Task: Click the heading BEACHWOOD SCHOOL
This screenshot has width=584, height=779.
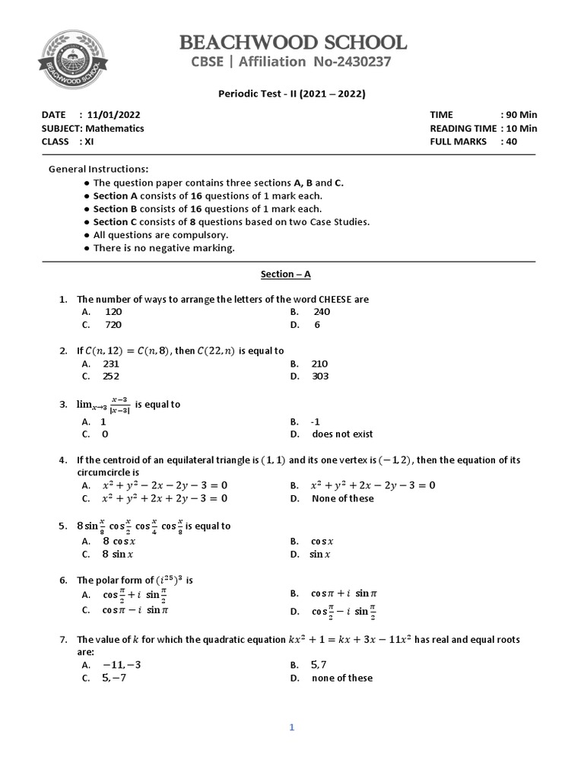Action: pyautogui.click(x=292, y=42)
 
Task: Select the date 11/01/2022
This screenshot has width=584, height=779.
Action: pyautogui.click(x=115, y=114)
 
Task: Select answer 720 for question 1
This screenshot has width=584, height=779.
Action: pyautogui.click(x=113, y=325)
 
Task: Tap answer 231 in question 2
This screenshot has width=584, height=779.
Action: pyautogui.click(x=111, y=364)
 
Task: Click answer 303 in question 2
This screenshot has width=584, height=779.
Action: pyautogui.click(x=320, y=377)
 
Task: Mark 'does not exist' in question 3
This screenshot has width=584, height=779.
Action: pyautogui.click(x=342, y=434)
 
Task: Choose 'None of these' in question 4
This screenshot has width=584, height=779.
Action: pyautogui.click(x=343, y=499)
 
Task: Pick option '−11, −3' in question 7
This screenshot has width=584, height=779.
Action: pyautogui.click(x=122, y=665)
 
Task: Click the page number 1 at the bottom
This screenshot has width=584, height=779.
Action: pyautogui.click(x=290, y=728)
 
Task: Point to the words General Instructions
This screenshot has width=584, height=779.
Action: pyautogui.click(x=99, y=169)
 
